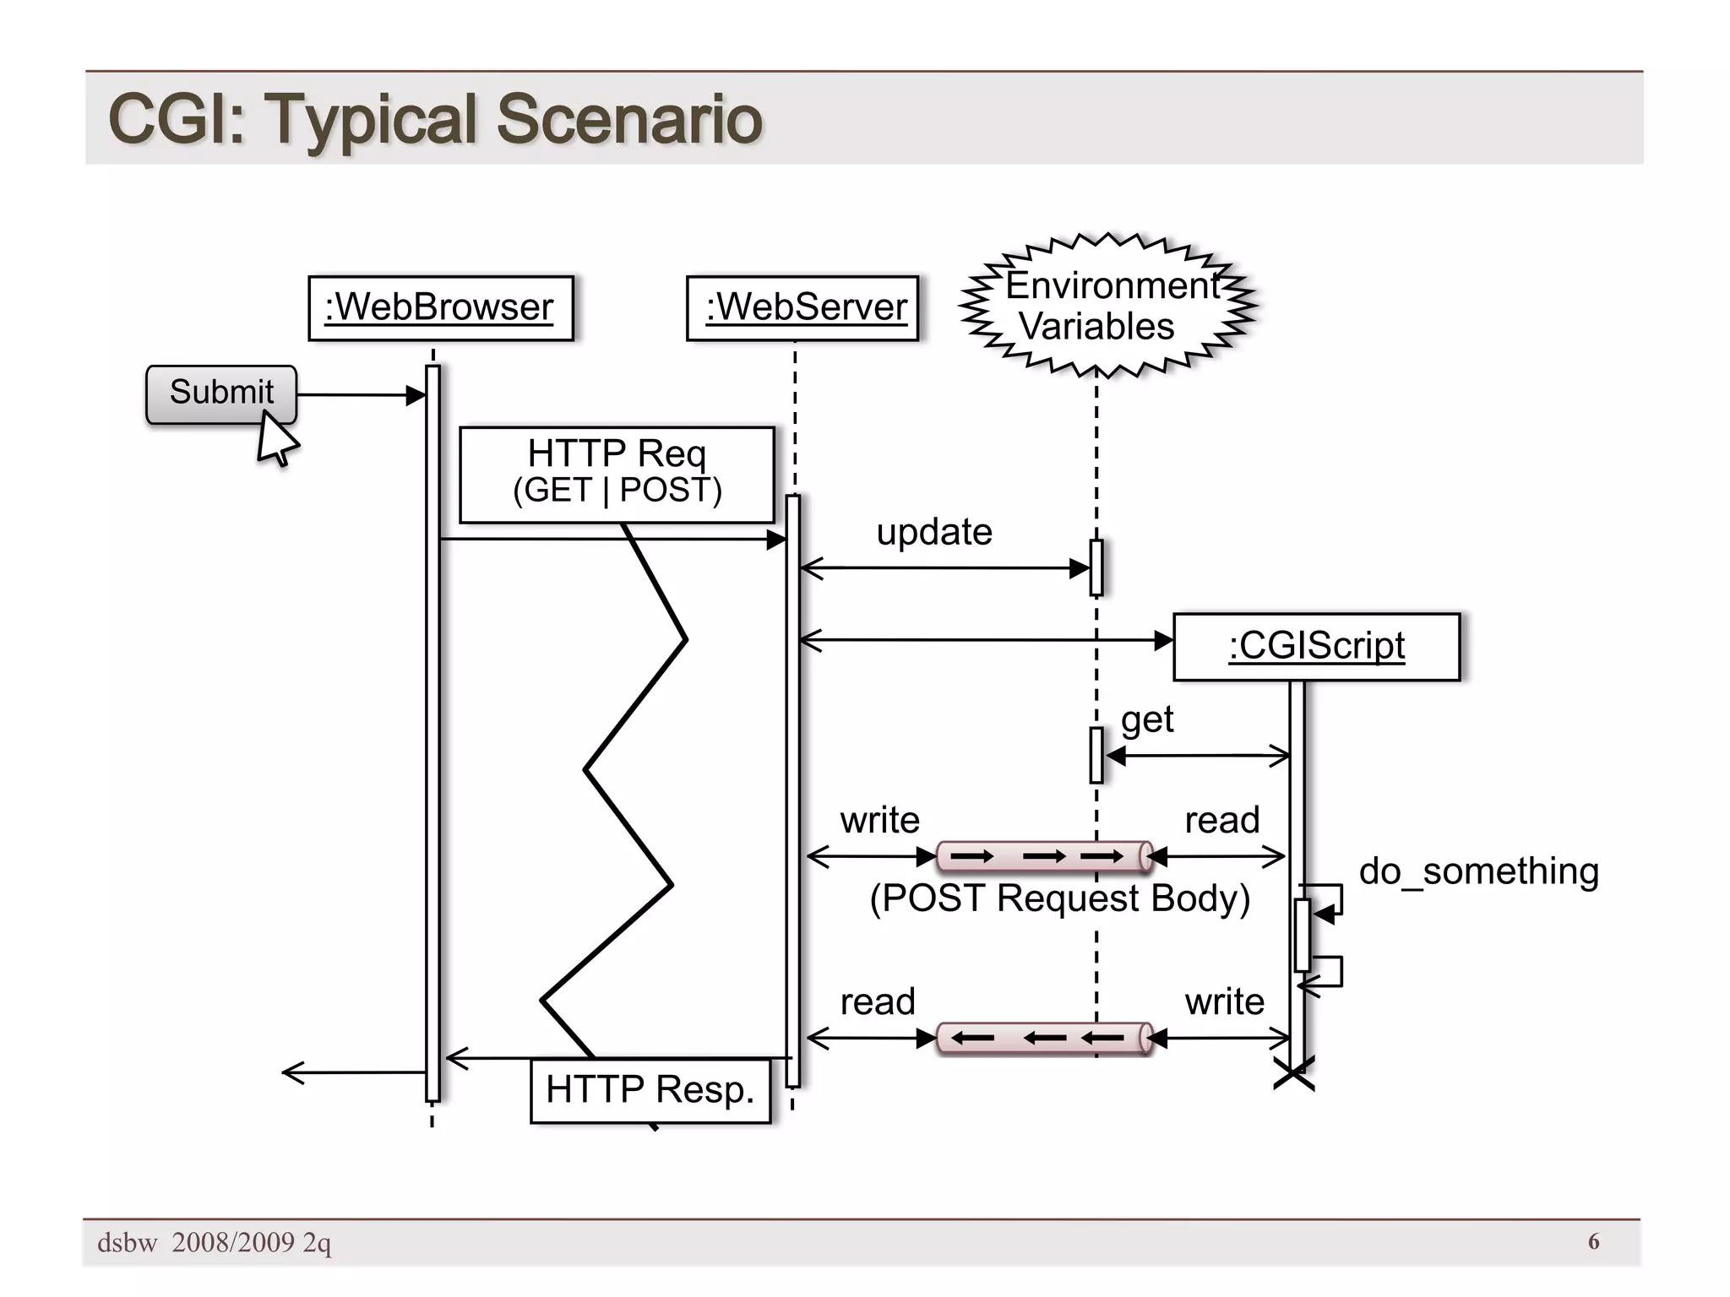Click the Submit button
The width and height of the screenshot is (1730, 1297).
click(220, 393)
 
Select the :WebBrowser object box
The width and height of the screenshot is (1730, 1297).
click(440, 308)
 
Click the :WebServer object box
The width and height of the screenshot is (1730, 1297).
click(802, 308)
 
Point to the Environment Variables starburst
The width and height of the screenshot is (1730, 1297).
click(1107, 306)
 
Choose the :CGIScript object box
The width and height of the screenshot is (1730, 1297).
click(1316, 647)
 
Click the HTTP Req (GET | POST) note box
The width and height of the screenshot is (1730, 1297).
click(617, 474)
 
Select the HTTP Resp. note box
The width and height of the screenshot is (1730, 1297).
click(650, 1090)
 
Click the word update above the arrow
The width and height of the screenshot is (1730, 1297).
click(933, 532)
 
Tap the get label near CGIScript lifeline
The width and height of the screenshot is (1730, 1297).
click(1146, 719)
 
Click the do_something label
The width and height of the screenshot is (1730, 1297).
click(1478, 871)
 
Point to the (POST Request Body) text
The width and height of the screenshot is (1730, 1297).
click(1059, 898)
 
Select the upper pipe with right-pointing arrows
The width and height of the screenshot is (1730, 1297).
click(1044, 856)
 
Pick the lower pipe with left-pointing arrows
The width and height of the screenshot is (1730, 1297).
click(1044, 1038)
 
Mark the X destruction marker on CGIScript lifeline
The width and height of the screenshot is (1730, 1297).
click(1293, 1074)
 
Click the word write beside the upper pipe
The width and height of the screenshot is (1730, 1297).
click(879, 820)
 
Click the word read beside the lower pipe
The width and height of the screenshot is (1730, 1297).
click(878, 1001)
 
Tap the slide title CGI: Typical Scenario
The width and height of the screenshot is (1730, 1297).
click(435, 119)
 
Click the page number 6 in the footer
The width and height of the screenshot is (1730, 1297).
click(1593, 1241)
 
